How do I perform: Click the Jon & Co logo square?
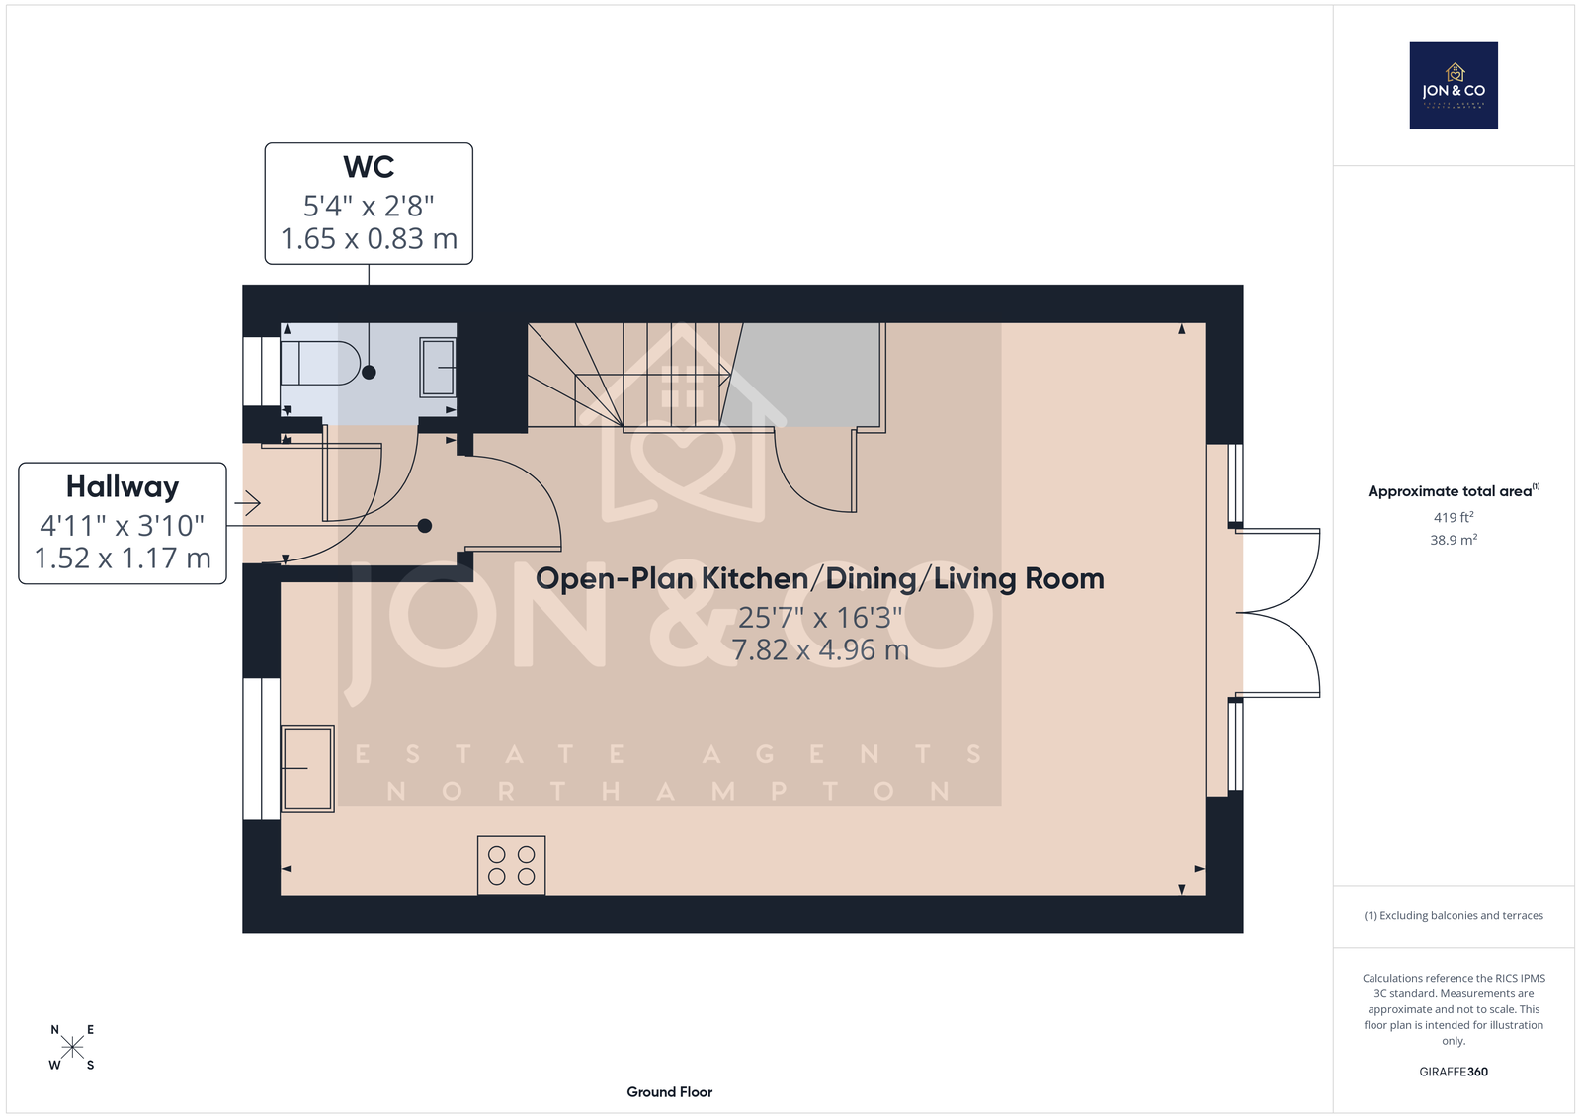[x=1454, y=85]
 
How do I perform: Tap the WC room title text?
[x=369, y=167]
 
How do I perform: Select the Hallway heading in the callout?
[x=123, y=487]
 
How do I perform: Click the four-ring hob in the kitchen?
[x=511, y=865]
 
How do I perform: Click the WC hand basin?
[x=438, y=368]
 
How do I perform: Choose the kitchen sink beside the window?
[x=307, y=768]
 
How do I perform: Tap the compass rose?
[x=72, y=1047]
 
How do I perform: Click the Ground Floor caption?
[x=669, y=1092]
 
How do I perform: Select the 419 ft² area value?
[x=1454, y=517]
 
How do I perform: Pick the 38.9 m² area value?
[x=1454, y=540]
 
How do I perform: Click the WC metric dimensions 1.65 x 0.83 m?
[x=370, y=238]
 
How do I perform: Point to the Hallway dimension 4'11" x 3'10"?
[x=123, y=526]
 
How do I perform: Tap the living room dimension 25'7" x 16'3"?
[x=820, y=617]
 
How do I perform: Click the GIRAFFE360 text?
[x=1454, y=1072]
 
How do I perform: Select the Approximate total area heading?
[x=1454, y=491]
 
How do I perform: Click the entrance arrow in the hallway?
[x=248, y=503]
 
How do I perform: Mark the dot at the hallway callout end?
[x=424, y=526]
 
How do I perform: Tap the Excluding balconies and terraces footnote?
[x=1454, y=916]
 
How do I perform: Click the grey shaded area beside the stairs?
[x=804, y=375]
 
